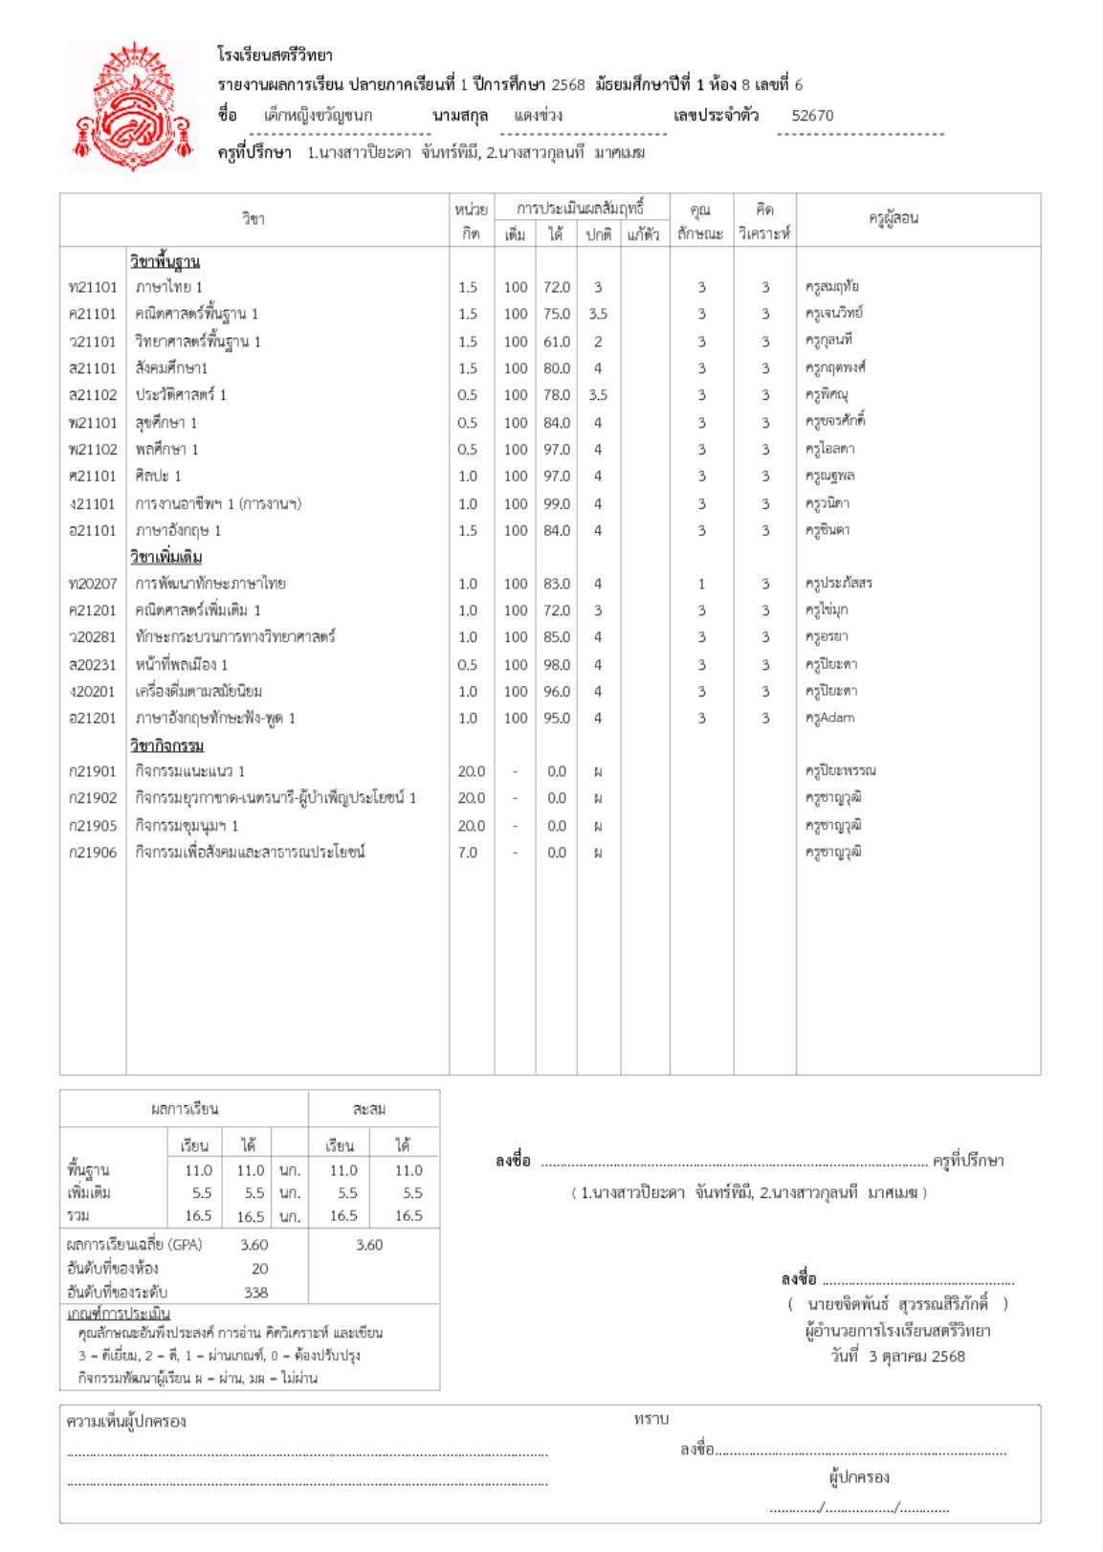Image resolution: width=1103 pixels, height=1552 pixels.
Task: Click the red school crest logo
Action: [134, 105]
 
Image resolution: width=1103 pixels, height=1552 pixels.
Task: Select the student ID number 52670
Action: [812, 116]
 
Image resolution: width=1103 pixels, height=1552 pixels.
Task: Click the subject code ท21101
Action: [92, 287]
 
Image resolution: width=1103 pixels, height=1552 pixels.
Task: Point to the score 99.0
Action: [556, 503]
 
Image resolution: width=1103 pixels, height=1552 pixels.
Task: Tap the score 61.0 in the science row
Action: [556, 342]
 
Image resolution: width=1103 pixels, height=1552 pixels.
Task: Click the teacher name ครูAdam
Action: [829, 718]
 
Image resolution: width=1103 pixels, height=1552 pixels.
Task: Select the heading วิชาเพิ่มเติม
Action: [165, 557]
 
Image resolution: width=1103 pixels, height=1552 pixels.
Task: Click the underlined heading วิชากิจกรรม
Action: [166, 745]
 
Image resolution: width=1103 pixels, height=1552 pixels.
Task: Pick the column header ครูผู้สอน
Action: [893, 218]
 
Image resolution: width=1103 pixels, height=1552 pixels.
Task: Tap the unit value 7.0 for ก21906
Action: [467, 853]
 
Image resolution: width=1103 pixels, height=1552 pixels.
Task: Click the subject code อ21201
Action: [92, 718]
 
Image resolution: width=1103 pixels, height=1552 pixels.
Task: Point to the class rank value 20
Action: [259, 1269]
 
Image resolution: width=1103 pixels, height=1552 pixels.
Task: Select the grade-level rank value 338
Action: [255, 1293]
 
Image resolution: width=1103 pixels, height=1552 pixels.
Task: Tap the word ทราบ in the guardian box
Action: [651, 1419]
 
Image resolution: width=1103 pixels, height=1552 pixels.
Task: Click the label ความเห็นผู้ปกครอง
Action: [126, 1422]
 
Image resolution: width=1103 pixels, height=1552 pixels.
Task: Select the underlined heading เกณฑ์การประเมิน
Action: [119, 1314]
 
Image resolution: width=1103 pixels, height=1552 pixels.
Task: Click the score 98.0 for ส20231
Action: [556, 665]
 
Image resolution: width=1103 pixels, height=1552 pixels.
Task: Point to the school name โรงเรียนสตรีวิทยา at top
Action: [275, 55]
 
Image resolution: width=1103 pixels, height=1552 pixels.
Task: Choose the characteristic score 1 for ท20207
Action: [701, 584]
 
